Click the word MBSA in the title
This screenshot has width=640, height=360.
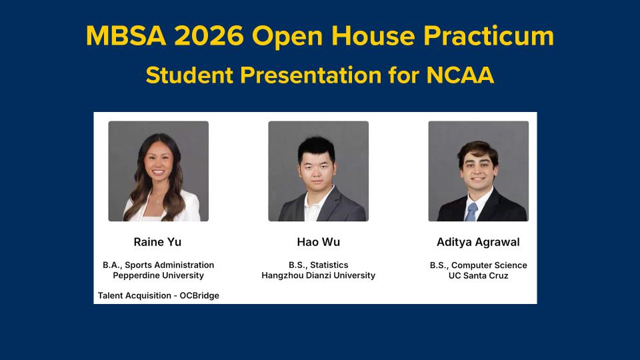click(126, 35)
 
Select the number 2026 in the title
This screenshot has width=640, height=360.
click(209, 35)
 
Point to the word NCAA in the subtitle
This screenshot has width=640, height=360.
click(460, 75)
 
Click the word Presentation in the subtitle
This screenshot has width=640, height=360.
click(311, 75)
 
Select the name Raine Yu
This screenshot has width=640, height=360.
click(157, 242)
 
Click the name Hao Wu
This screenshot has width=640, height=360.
click(319, 242)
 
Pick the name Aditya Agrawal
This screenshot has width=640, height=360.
click(478, 242)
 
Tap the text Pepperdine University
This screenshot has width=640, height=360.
click(159, 275)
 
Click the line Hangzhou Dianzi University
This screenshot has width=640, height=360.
click(319, 275)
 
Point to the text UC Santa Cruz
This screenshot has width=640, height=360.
click(479, 275)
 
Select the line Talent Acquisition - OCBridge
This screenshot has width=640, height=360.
click(159, 295)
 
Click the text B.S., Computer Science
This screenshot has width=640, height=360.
click(479, 265)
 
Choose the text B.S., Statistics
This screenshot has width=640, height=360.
click(319, 265)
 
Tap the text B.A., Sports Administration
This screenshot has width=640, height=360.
click(159, 265)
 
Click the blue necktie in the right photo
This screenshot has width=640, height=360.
click(471, 212)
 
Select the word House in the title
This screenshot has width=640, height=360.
click(373, 35)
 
